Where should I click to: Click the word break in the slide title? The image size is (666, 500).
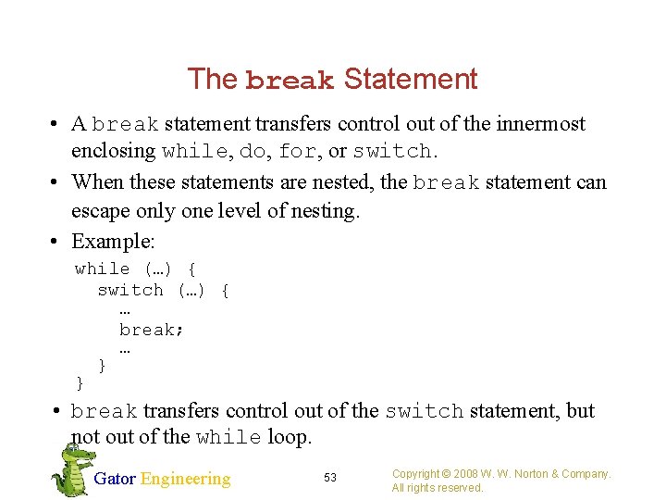click(290, 81)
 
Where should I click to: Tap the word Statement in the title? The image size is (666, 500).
click(411, 80)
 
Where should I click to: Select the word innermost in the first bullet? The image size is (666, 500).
click(543, 124)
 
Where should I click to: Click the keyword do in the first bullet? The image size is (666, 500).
click(251, 151)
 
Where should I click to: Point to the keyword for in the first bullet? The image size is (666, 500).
click(296, 151)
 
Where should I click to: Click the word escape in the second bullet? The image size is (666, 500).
click(100, 211)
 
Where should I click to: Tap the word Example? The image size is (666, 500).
click(114, 242)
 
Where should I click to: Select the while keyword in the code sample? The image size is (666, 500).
click(102, 269)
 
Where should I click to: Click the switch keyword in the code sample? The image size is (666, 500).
click(130, 290)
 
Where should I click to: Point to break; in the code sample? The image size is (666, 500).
click(152, 330)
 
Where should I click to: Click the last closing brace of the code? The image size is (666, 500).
click(80, 382)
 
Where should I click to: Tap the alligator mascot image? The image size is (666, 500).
click(70, 469)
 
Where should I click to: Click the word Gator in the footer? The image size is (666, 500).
click(115, 479)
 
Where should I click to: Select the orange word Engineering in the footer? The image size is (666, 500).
click(185, 479)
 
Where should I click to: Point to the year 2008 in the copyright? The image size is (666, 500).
click(468, 474)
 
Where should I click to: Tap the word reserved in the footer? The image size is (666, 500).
click(461, 488)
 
